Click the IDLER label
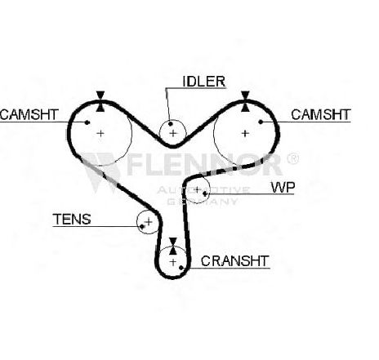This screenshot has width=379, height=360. pos(204,82)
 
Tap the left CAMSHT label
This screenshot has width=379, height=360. pos(29,114)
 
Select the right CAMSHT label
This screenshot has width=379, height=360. pos(321,114)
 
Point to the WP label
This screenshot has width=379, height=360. pos(283,187)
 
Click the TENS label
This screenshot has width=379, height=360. pos(72,220)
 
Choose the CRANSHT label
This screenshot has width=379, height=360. pos(235,261)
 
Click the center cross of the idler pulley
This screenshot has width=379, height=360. pos(173,133)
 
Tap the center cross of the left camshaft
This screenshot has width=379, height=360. pos(100,133)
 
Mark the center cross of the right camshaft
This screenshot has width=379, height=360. pos(245,133)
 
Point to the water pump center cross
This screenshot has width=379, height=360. pos(198,189)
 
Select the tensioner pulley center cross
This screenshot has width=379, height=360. pos(149,222)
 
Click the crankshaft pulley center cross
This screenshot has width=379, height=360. pos(173,262)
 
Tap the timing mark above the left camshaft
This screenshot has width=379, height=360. pos(100,101)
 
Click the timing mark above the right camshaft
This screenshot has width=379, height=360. pos(245,101)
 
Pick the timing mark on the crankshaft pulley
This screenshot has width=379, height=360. pos(173,246)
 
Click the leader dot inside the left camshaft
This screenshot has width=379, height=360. pos(87,122)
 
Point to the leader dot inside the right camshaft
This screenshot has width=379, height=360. pos(261,122)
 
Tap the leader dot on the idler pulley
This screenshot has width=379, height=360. pos(171,124)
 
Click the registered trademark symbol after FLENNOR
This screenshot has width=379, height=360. pos(292,158)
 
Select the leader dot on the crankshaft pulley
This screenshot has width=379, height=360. pos(181,268)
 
